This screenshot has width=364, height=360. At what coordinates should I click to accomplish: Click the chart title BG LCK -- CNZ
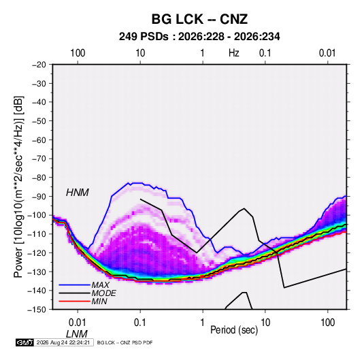pos(199,19)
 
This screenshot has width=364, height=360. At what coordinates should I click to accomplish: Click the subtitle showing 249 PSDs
pos(199,37)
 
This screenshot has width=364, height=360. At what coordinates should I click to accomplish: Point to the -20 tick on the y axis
pos(39,65)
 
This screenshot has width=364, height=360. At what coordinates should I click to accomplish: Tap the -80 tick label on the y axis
pos(39,178)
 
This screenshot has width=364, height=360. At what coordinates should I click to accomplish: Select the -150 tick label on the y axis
pos(37,310)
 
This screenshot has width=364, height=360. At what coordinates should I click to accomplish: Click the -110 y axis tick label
pos(37,234)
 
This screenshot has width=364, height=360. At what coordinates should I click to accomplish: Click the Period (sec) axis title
pos(234,330)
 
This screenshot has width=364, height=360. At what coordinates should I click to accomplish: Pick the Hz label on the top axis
pos(234,53)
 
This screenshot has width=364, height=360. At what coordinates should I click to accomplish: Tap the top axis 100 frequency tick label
pos(78,53)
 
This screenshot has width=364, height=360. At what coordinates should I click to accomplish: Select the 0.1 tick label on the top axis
pos(265,53)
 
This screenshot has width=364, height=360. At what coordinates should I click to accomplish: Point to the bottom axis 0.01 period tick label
pos(78,323)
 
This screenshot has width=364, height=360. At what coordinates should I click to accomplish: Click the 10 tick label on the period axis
pos(265,323)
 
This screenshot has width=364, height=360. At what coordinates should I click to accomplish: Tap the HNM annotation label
pos(78,193)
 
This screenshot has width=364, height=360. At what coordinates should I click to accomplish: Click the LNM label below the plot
pos(77,334)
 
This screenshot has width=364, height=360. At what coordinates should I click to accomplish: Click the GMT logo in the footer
pos(25,342)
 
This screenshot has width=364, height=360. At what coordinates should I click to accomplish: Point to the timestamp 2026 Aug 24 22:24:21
pos(63,342)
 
